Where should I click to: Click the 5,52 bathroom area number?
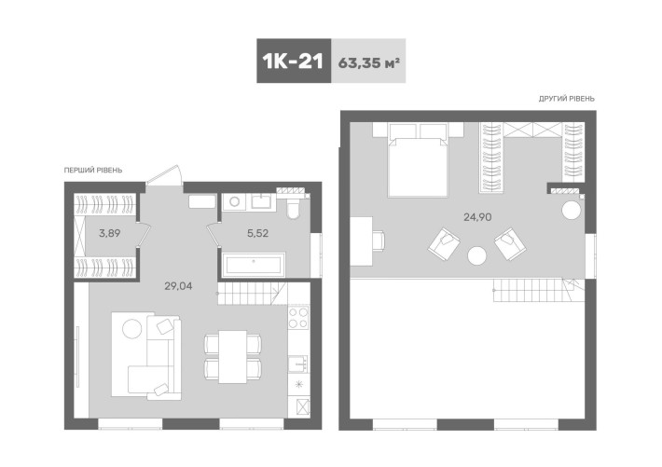[256, 233]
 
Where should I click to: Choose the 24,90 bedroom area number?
[477, 217]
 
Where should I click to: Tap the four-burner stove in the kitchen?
[298, 319]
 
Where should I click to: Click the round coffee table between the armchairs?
[478, 254]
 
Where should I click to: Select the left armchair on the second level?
[444, 246]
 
